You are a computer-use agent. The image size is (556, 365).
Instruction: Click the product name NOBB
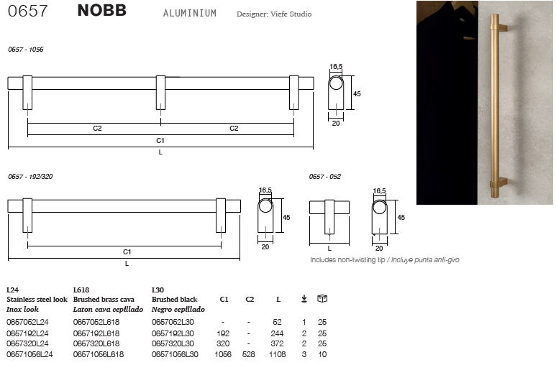[101, 10]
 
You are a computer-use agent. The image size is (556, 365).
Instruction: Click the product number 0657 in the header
[27, 11]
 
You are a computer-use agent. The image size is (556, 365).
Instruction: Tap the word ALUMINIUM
[190, 13]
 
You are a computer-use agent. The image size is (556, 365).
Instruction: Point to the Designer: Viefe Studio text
[274, 14]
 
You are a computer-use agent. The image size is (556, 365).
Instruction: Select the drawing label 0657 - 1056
[26, 50]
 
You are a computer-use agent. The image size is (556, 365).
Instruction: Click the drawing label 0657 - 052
[325, 177]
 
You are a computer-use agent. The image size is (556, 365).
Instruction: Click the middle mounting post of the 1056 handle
[160, 93]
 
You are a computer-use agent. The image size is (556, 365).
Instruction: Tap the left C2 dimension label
[98, 129]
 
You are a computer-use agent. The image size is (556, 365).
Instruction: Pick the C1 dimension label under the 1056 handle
[160, 141]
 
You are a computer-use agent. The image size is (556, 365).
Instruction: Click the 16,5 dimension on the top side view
[336, 67]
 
